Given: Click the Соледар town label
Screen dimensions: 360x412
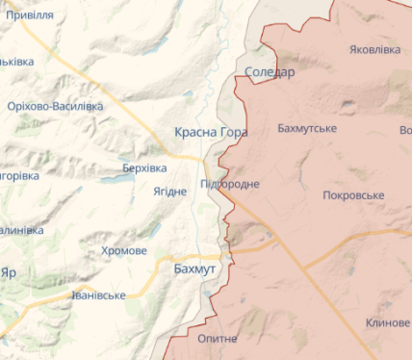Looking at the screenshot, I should (x=270, y=72).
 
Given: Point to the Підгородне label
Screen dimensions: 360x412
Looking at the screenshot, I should (x=230, y=183).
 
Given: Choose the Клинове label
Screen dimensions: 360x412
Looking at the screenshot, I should (x=387, y=322).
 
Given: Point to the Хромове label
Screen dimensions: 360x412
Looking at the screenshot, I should (x=124, y=250).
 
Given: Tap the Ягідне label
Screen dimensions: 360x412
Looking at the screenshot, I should (x=170, y=191).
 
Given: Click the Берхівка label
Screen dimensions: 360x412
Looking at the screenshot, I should (x=144, y=167).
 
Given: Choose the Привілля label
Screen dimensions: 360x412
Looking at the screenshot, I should (x=30, y=16).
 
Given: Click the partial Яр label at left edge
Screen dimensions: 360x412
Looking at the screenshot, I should (x=10, y=272).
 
